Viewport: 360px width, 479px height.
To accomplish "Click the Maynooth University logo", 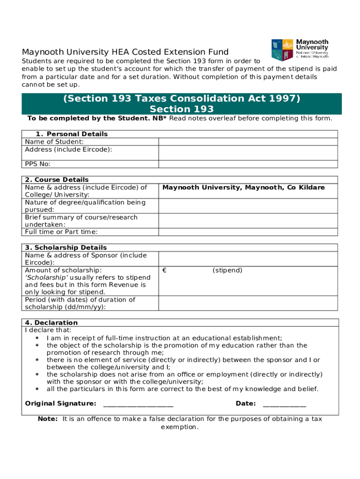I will pos(300,51).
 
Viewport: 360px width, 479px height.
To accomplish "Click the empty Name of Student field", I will pos(248,142).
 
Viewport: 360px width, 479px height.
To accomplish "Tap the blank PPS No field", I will pos(248,164).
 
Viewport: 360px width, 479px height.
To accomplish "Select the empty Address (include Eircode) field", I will pos(248,152).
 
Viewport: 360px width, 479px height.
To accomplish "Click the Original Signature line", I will pos(138,404).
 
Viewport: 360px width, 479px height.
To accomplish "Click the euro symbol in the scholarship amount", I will pos(165,270).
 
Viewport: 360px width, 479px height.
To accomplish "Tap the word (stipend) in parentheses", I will pos(227,270).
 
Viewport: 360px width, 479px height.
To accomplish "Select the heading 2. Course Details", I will pos(57,180).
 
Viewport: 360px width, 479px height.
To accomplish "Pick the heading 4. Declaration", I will pos(51,323).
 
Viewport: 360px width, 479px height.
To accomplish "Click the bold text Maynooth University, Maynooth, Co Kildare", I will pos(243,188).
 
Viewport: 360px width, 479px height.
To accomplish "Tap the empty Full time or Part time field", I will pos(248,232).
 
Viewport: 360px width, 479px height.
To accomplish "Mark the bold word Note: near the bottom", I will pos(48,419).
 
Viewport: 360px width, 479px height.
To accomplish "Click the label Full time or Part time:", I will pos(61,232).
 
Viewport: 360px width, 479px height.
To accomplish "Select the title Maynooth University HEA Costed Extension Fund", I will pos(125,52).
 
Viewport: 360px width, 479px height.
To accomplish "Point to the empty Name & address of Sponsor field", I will pos(248,259).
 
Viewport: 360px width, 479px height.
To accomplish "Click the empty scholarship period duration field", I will pos(248,303).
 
